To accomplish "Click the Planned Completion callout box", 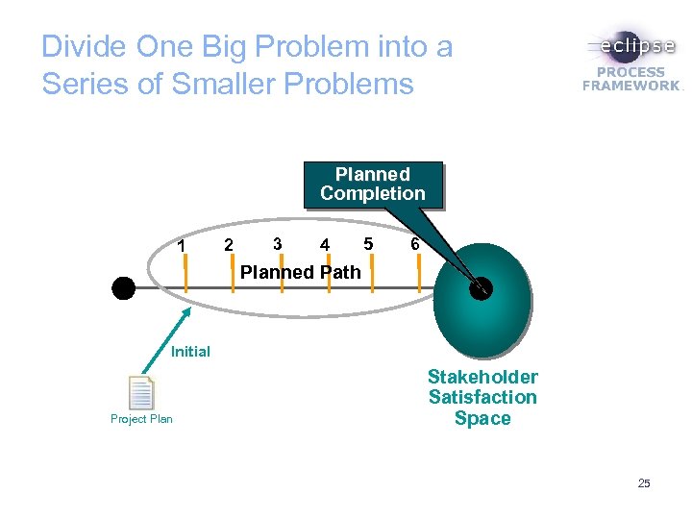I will click(x=372, y=184).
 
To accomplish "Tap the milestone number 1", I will click(x=182, y=246).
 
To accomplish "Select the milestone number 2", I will click(x=228, y=245).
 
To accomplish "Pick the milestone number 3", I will click(x=277, y=243).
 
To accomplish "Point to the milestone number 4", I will click(x=326, y=245).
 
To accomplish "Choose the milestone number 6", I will click(x=414, y=244).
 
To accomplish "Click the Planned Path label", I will click(x=300, y=272).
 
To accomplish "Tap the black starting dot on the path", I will click(x=123, y=287).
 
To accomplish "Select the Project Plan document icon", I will click(x=141, y=393).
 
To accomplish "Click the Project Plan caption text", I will click(x=141, y=419).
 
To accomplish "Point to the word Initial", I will click(x=190, y=352).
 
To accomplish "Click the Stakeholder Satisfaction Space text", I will click(x=482, y=397).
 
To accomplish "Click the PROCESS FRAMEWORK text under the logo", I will click(x=631, y=79).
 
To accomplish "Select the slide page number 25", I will click(x=644, y=483).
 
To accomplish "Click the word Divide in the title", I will click(x=85, y=47).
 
